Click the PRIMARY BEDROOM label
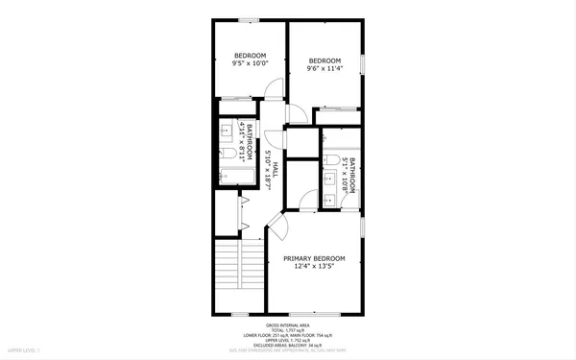(x=313, y=259)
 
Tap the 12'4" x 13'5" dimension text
(x=313, y=269)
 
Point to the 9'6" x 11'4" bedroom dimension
(x=324, y=69)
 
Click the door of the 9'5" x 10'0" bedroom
(x=274, y=89)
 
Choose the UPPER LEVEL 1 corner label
(x=20, y=354)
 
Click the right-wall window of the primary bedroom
(x=364, y=229)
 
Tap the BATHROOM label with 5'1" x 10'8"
(x=353, y=176)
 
